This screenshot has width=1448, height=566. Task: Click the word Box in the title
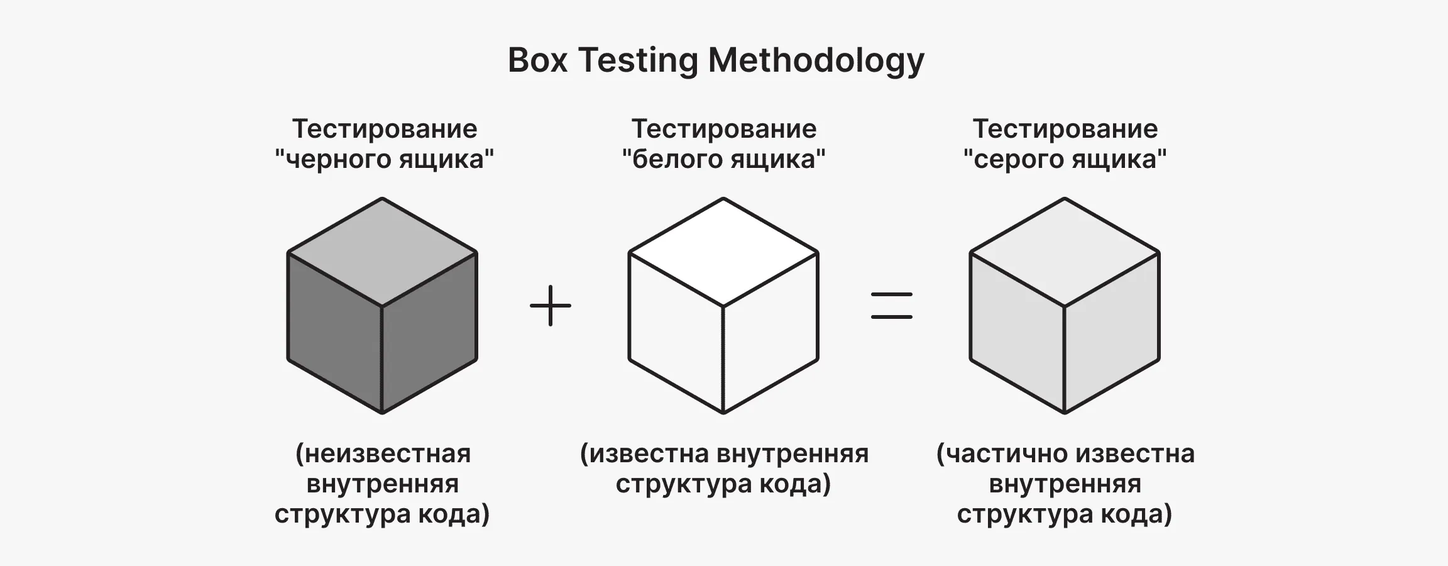pyautogui.click(x=537, y=60)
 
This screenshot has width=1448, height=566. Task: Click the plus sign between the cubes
pyautogui.click(x=551, y=306)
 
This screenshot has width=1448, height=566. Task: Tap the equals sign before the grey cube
pyautogui.click(x=892, y=306)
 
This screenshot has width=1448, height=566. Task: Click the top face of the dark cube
pyautogui.click(x=382, y=252)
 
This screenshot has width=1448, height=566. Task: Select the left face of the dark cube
pyautogui.click(x=335, y=333)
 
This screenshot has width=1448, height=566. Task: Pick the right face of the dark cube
pyautogui.click(x=429, y=333)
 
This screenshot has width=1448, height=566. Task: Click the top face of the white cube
pyautogui.click(x=723, y=252)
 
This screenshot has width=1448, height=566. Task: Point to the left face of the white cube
pyautogui.click(x=676, y=333)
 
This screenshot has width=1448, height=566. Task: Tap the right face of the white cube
pyautogui.click(x=771, y=333)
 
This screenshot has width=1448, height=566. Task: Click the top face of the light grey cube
pyautogui.click(x=1065, y=252)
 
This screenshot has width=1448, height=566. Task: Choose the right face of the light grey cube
pyautogui.click(x=1112, y=333)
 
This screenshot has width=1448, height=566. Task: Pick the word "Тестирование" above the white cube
pyautogui.click(x=724, y=130)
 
